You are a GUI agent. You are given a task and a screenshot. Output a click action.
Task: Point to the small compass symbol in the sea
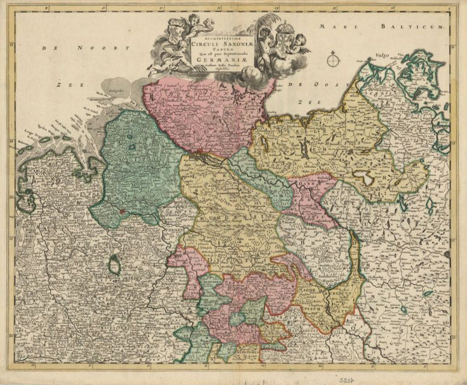coord(334,60)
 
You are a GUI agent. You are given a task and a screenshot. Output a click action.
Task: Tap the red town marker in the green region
coord(122,212)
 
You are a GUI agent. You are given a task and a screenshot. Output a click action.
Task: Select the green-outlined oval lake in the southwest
coord(114,263)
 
